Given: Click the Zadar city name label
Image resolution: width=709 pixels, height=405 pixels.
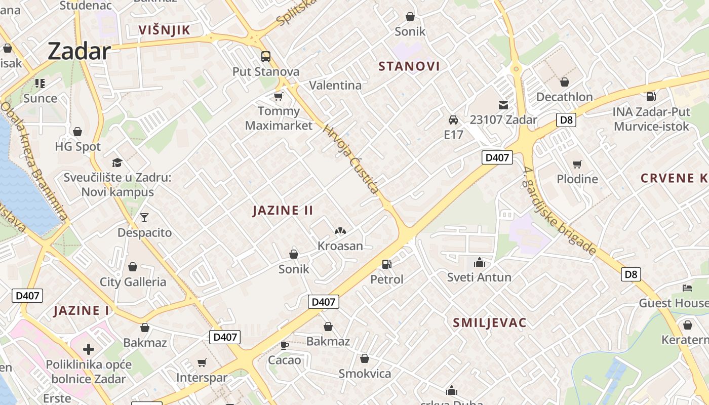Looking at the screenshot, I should click(x=79, y=52).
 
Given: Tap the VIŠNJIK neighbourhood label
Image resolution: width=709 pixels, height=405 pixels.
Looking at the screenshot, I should click(x=165, y=30).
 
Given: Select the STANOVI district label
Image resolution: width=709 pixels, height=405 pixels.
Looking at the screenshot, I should click(x=409, y=66).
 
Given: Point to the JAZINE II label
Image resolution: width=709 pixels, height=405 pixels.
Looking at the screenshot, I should click(x=283, y=211).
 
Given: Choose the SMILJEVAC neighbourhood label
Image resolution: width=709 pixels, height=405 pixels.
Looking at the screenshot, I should click(x=490, y=323).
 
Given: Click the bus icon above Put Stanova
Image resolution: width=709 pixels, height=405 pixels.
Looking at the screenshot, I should click(x=266, y=57).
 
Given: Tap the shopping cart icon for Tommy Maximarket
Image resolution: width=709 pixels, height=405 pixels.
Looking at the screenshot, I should click(x=278, y=96).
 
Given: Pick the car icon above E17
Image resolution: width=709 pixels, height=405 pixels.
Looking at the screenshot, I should click(x=453, y=120).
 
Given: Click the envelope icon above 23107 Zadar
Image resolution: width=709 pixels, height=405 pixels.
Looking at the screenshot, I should click(x=503, y=105).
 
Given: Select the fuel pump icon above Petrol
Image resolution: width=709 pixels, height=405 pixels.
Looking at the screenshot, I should click(x=387, y=264).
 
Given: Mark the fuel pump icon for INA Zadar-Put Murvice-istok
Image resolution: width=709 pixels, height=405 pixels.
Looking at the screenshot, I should click(x=651, y=96).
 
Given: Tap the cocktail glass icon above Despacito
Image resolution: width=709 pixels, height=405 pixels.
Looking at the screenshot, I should click(x=144, y=218).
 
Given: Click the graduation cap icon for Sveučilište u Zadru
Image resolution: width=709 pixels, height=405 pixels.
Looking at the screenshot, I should click(x=117, y=163).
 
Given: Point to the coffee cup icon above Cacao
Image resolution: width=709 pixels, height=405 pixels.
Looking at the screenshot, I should click(x=285, y=345).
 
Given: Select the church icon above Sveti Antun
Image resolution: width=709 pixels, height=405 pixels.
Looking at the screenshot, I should click(x=479, y=262).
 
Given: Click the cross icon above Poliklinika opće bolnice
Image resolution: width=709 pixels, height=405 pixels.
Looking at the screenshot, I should click(x=89, y=349).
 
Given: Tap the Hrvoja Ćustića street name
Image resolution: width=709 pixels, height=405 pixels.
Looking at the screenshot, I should click(x=350, y=159).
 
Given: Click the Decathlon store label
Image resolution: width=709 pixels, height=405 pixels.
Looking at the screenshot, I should click(x=564, y=97).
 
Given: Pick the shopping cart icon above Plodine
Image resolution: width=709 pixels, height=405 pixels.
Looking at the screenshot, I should click(x=577, y=164).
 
